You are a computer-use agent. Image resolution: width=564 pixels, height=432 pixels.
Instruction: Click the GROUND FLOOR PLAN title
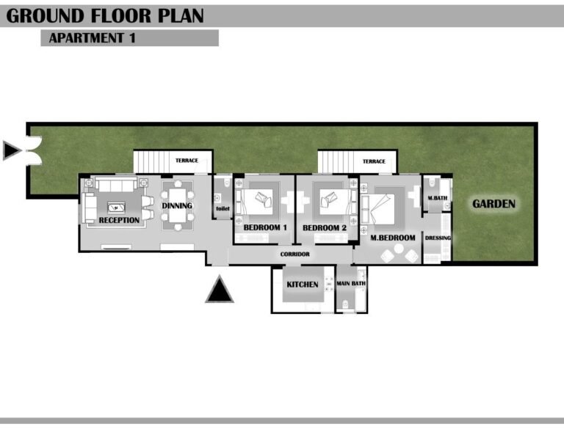pyautogui.click(x=105, y=16)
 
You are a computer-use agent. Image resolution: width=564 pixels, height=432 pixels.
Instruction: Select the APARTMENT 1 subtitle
pyautogui.click(x=92, y=38)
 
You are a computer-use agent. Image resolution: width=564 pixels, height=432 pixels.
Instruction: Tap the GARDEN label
pyautogui.click(x=493, y=204)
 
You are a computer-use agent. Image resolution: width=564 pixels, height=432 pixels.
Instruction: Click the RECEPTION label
pyautogui.click(x=119, y=220)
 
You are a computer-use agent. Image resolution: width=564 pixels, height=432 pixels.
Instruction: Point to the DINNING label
pyautogui.click(x=177, y=206)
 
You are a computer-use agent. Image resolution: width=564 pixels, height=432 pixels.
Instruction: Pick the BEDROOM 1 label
pyautogui.click(x=265, y=227)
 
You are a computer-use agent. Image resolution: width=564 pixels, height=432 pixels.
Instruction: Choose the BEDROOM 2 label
pyautogui.click(x=325, y=227)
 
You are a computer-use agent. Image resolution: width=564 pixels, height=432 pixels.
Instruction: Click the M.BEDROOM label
pyautogui.click(x=393, y=238)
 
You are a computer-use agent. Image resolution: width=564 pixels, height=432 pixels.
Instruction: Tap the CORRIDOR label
pyautogui.click(x=295, y=255)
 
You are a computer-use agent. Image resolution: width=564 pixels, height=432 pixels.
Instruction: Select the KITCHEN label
pyautogui.click(x=303, y=285)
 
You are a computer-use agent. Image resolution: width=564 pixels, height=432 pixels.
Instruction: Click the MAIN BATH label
pyautogui.click(x=351, y=283)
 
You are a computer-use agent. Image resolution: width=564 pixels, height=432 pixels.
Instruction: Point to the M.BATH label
pyautogui.click(x=438, y=198)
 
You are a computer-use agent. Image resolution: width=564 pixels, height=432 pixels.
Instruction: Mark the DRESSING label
pyautogui.click(x=438, y=238)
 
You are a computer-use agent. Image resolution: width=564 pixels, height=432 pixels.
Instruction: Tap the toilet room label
pyautogui.click(x=223, y=208)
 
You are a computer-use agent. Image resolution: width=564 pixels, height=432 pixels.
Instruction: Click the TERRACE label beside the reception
pyautogui.click(x=187, y=161)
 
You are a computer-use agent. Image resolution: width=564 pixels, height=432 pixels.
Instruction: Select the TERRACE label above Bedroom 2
pyautogui.click(x=374, y=161)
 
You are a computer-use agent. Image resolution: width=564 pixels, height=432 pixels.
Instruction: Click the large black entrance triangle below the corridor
pyautogui.click(x=220, y=290)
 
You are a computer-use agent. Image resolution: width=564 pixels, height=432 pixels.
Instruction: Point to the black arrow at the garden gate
pyautogui.click(x=11, y=150)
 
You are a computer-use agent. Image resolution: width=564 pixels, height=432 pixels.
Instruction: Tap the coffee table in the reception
pyautogui.click(x=117, y=208)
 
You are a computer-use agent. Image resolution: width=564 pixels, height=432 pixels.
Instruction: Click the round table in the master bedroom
pyautogui.click(x=399, y=249)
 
